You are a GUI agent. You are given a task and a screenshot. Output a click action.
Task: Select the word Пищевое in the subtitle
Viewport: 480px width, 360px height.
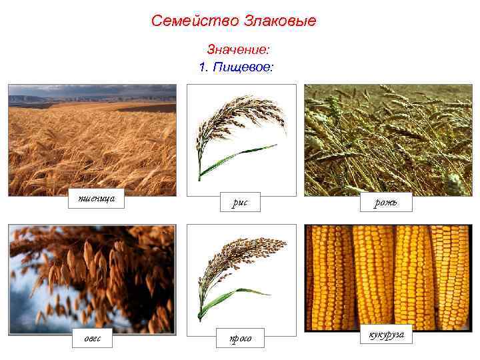(x=243, y=67)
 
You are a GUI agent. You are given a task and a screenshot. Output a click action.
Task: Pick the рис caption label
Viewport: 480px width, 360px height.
(x=240, y=203)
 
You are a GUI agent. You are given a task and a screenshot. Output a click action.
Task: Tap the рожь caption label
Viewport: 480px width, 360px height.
(x=387, y=202)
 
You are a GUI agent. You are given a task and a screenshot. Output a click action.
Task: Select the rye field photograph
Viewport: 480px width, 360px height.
(x=388, y=140)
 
